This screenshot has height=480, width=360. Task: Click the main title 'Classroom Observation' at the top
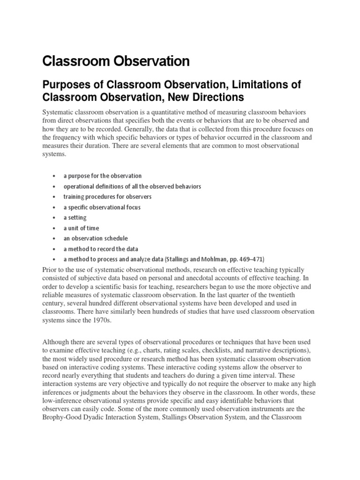(116, 61)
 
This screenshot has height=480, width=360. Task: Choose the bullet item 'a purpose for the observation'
(102, 176)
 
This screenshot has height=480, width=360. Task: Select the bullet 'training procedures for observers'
(107, 196)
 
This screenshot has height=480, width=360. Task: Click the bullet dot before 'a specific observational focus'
(54, 207)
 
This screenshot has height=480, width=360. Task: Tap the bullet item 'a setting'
(75, 217)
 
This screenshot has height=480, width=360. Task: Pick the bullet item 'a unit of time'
(81, 228)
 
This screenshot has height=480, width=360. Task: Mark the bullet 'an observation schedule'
(95, 238)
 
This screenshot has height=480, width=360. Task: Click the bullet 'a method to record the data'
(100, 249)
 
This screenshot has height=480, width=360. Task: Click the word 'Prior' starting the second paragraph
(50, 270)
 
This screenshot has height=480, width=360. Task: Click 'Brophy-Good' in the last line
(62, 415)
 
